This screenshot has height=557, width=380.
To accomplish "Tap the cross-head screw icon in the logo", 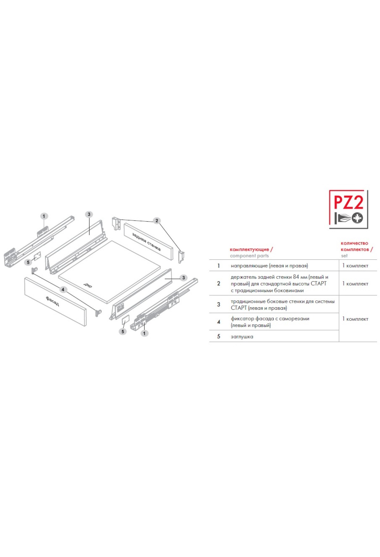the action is [358, 218].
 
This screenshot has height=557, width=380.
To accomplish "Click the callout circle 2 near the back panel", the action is [156, 221].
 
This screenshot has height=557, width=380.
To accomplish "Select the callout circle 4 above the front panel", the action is [63, 290].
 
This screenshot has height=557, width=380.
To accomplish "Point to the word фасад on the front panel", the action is [52, 301].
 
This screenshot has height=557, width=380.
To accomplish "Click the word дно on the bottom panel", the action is [88, 285].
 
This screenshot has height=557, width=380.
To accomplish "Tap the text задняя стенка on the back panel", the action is [146, 242].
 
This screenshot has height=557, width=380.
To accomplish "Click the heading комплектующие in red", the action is [249, 249].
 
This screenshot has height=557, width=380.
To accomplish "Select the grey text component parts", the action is [249, 256].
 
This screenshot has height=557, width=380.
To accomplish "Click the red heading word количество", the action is [354, 243].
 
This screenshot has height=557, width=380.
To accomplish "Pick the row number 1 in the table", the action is [218, 266].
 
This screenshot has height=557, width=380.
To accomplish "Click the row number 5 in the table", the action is [218, 336].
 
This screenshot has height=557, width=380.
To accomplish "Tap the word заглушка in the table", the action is [242, 337].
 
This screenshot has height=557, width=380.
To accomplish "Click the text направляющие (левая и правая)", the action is [269, 266].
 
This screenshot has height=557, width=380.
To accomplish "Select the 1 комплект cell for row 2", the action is [355, 284].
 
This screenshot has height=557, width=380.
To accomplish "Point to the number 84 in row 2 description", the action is [296, 277].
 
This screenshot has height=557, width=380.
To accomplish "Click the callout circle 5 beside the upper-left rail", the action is [28, 262].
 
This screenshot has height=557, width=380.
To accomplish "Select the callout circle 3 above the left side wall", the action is [89, 214].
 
